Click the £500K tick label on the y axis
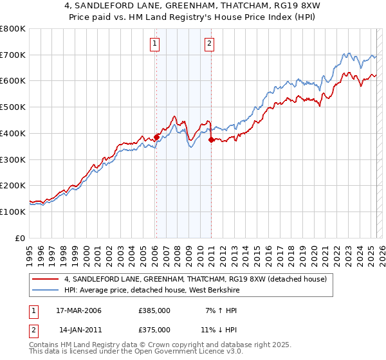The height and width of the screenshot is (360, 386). [x=13, y=107]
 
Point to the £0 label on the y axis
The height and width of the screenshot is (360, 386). [x=21, y=238]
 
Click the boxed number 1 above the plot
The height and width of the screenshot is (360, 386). [x=156, y=44]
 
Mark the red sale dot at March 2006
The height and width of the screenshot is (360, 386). [x=156, y=137]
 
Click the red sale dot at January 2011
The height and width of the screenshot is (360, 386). [x=211, y=139]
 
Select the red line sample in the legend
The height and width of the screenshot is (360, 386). [x=46, y=279]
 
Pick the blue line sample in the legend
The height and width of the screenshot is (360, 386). [x=46, y=290]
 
